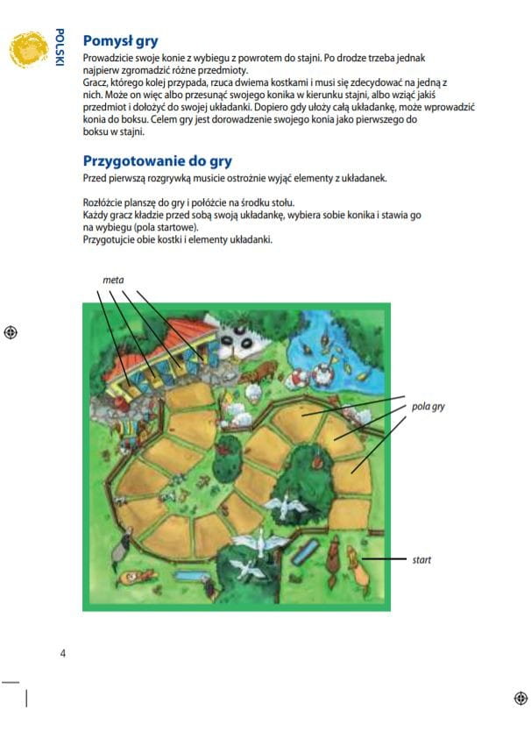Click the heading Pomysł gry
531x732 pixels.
(120, 41)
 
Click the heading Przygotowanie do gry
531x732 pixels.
(157, 161)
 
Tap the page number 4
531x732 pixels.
(63, 653)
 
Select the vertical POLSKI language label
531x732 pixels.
(60, 47)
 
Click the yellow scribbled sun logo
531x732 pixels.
(28, 49)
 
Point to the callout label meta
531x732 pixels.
(113, 280)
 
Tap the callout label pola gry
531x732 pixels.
(428, 407)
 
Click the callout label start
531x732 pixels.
(421, 559)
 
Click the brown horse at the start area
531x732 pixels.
(333, 560)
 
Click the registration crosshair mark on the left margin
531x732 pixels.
(11, 332)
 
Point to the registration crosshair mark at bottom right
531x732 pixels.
(520, 699)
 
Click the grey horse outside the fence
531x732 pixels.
(121, 546)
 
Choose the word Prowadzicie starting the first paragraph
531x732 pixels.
(103, 59)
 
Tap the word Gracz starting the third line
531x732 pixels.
(94, 83)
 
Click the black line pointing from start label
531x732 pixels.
(384, 558)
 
